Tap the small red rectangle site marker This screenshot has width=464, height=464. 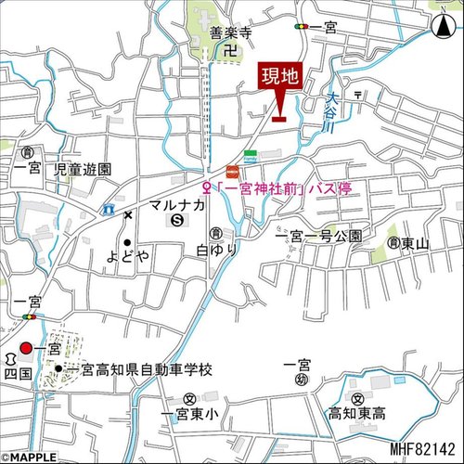[278, 117]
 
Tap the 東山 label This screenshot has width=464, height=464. [417, 243]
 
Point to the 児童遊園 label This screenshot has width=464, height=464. [83, 170]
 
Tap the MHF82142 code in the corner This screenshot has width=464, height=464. [422, 448]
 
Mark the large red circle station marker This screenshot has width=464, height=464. [25, 348]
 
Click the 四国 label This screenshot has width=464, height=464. [19, 372]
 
